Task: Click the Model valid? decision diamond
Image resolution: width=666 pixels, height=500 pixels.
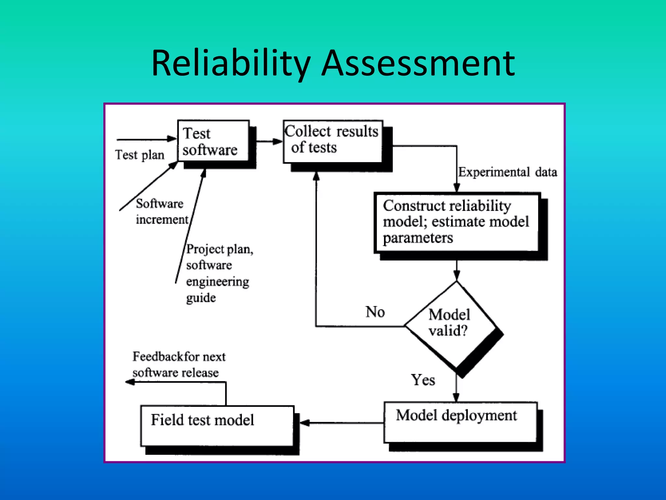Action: (451, 324)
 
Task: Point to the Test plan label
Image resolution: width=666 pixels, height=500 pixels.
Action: (140, 155)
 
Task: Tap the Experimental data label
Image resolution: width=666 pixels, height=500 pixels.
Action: (507, 172)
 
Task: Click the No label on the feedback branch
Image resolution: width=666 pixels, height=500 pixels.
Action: (375, 312)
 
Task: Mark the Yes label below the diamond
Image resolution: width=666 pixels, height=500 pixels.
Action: (423, 380)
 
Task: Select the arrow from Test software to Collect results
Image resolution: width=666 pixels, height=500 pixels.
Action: (269, 141)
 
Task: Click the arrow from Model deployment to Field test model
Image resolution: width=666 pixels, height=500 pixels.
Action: (341, 423)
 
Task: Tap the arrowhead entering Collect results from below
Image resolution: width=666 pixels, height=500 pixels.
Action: (316, 176)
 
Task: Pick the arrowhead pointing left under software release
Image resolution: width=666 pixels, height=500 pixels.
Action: (130, 382)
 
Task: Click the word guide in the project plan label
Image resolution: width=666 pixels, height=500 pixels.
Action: (201, 298)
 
